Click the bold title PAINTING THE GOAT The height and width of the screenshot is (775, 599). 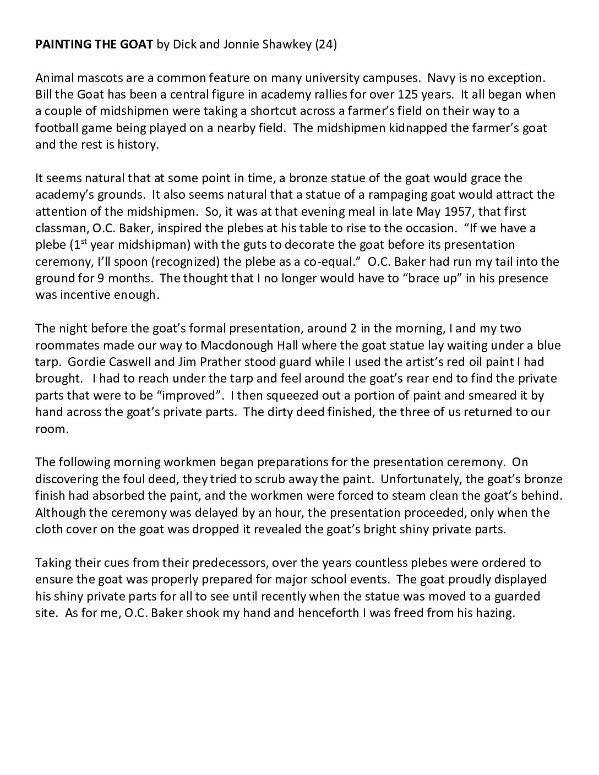pyautogui.click(x=94, y=45)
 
